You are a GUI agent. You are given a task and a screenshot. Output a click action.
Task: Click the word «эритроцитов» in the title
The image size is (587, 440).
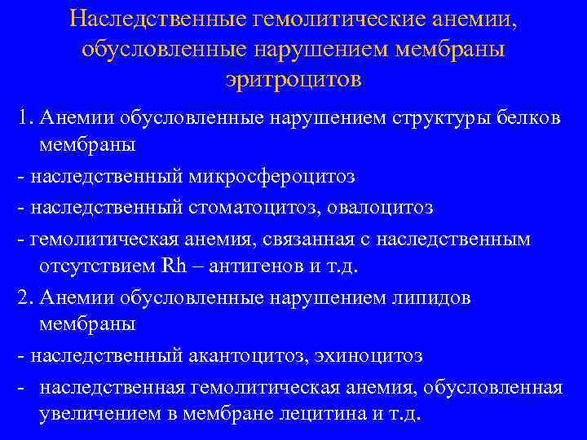(x=293, y=80)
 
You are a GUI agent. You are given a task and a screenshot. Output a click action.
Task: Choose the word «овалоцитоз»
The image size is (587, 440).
(x=381, y=208)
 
